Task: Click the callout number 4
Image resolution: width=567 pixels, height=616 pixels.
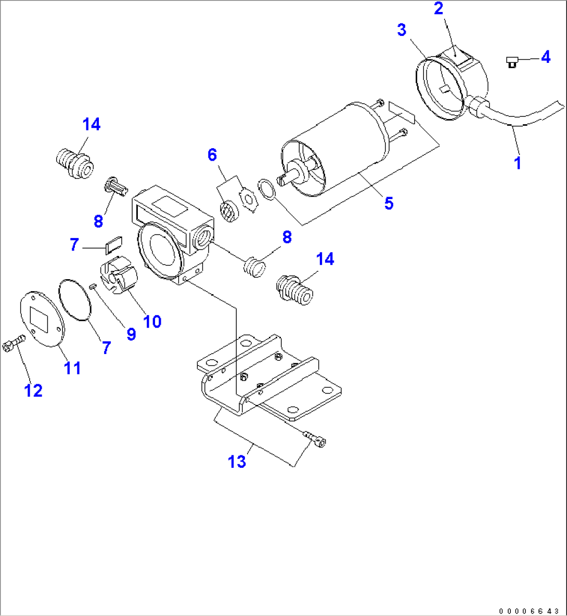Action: [x=545, y=57]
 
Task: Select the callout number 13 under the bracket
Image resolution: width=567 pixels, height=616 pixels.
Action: [x=237, y=461]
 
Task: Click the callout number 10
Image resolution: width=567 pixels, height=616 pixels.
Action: [x=152, y=322]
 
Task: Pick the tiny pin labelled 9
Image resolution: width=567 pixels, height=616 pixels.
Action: [x=93, y=285]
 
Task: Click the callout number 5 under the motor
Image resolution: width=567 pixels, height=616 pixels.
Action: [x=389, y=203]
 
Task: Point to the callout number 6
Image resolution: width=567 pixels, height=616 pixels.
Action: [x=212, y=154]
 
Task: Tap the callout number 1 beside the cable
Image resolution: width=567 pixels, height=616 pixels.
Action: [x=518, y=163]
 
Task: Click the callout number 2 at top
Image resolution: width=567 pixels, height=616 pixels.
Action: [x=439, y=9]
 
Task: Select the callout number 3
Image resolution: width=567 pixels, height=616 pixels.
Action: [x=402, y=30]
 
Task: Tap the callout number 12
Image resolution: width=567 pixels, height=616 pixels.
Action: [x=34, y=390]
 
